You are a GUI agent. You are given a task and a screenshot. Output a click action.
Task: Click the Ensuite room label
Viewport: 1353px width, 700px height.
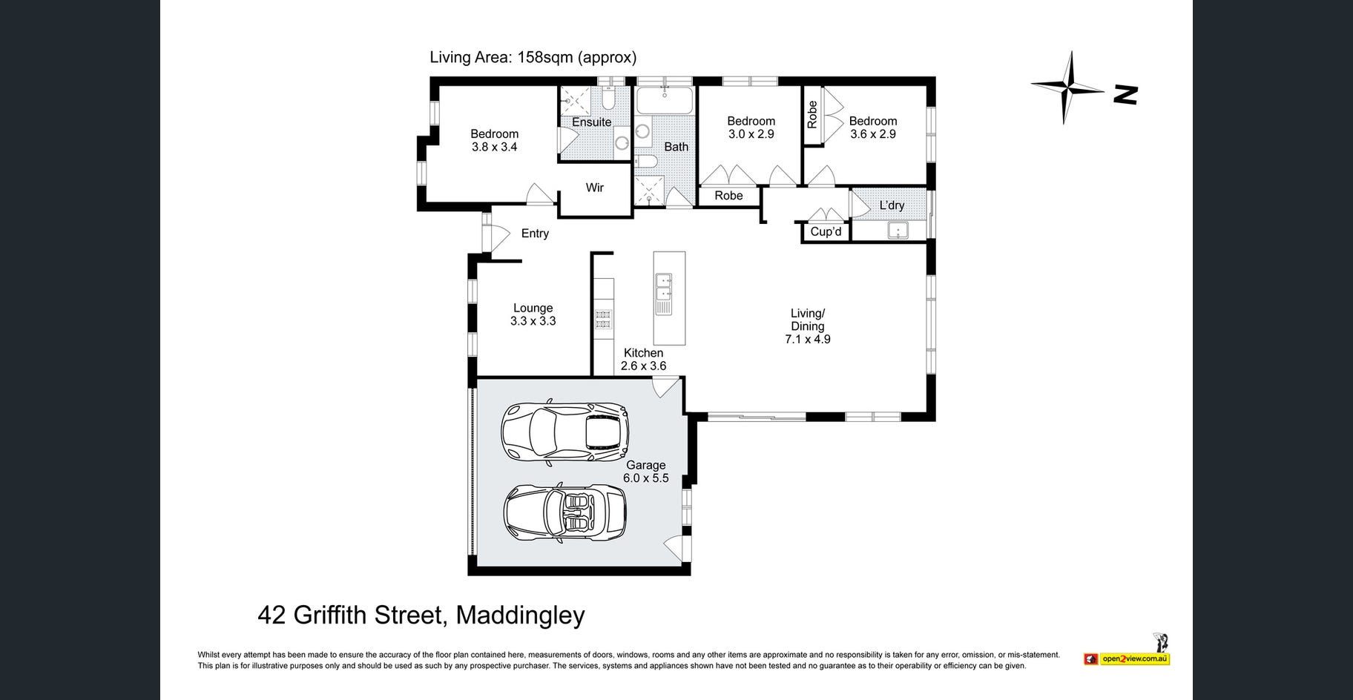(591, 122)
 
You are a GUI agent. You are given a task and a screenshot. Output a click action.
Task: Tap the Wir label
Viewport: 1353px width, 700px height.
(595, 188)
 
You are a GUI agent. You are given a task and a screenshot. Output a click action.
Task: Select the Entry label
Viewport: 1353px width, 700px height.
(535, 234)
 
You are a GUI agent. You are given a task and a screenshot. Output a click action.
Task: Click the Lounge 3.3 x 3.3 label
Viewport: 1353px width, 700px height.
(533, 314)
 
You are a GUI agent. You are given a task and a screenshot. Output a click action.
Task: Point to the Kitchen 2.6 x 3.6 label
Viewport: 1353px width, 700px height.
(643, 360)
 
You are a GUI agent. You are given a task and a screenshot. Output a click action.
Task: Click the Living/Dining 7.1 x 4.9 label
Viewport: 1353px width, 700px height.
(808, 326)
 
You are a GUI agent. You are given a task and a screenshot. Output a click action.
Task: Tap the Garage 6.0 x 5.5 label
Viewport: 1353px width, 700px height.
(646, 472)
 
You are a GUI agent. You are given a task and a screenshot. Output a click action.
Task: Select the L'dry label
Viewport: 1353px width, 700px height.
(892, 205)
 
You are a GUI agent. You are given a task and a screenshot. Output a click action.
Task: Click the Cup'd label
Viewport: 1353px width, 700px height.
(826, 231)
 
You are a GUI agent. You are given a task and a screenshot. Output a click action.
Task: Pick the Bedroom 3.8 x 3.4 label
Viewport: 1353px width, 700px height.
(494, 140)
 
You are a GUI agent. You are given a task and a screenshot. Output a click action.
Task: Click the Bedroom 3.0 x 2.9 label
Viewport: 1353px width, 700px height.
(751, 128)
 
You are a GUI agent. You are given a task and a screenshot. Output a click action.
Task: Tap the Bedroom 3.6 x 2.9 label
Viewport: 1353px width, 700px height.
(873, 128)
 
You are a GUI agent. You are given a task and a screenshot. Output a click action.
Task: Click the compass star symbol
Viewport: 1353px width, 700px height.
(1068, 87)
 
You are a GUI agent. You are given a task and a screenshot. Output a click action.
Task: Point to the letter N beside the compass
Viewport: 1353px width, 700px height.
(1126, 94)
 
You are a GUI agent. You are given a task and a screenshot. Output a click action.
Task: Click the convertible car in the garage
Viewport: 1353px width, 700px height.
(564, 512)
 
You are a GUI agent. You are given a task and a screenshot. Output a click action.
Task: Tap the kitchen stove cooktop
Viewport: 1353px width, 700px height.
(603, 318)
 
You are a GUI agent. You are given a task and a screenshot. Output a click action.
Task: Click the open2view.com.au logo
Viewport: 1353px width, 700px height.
(1127, 658)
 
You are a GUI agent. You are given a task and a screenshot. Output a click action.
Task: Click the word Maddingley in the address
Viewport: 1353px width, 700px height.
(520, 615)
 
